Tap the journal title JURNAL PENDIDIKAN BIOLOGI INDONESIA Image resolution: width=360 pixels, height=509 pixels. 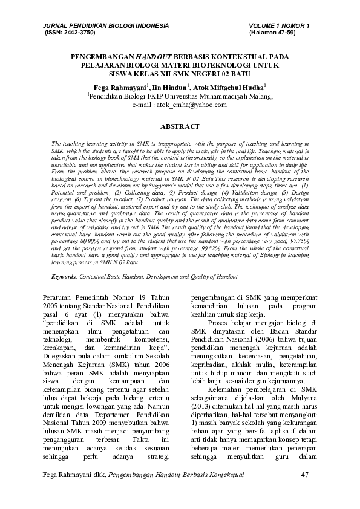[102, 26]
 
